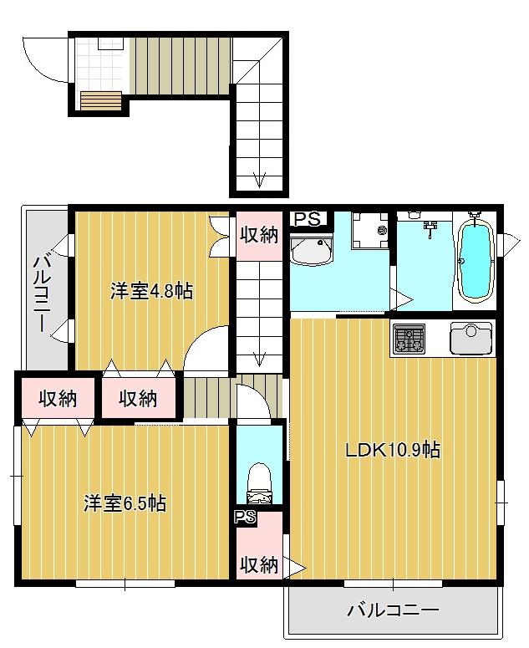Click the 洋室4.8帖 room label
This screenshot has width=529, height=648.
pyautogui.click(x=152, y=292)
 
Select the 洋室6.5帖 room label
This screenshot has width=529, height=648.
pyautogui.click(x=125, y=503)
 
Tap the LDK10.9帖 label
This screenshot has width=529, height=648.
pyautogui.click(x=393, y=451)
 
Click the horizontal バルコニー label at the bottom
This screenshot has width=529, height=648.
pyautogui.click(x=392, y=610)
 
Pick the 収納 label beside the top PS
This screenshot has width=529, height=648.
pyautogui.click(x=259, y=235)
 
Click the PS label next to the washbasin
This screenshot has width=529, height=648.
pyautogui.click(x=307, y=219)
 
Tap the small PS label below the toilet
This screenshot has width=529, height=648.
pyautogui.click(x=245, y=517)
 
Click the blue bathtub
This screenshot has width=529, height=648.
pyautogui.click(x=475, y=260)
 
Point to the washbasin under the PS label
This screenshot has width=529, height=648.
pyautogui.click(x=311, y=250)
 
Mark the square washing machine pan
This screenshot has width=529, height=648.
pyautogui.click(x=369, y=230)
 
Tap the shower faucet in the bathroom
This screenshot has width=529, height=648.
pyautogui.click(x=430, y=226)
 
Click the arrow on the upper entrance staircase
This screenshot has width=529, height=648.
pyautogui.click(x=260, y=179)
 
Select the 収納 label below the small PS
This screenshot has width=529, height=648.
pyautogui.click(x=259, y=566)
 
